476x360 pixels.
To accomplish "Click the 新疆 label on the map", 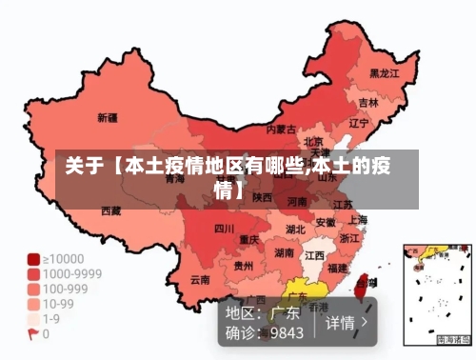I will pos(108,119).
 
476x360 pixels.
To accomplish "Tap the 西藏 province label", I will pos(111,210).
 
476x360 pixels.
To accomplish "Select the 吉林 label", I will pos(368,102).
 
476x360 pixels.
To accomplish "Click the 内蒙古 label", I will pos(281,129).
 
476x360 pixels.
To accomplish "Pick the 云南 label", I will pos(200,280).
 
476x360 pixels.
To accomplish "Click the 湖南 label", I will pos(284,253).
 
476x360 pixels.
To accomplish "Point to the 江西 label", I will pos(314,256).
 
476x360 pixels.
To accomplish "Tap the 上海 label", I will pos(359,219).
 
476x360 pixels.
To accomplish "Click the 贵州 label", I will pos(244,267).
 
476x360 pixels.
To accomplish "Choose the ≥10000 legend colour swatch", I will pos(32,258).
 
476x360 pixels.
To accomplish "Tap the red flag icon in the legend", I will pos(32,334).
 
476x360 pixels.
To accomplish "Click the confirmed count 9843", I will pos(287,333).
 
